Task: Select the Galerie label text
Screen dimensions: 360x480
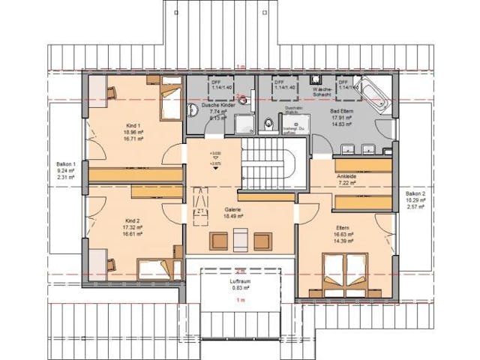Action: pyautogui.click(x=232, y=209)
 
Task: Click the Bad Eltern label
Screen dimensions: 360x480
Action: pyautogui.click(x=343, y=110)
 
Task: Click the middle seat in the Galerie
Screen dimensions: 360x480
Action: pyautogui.click(x=239, y=241)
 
